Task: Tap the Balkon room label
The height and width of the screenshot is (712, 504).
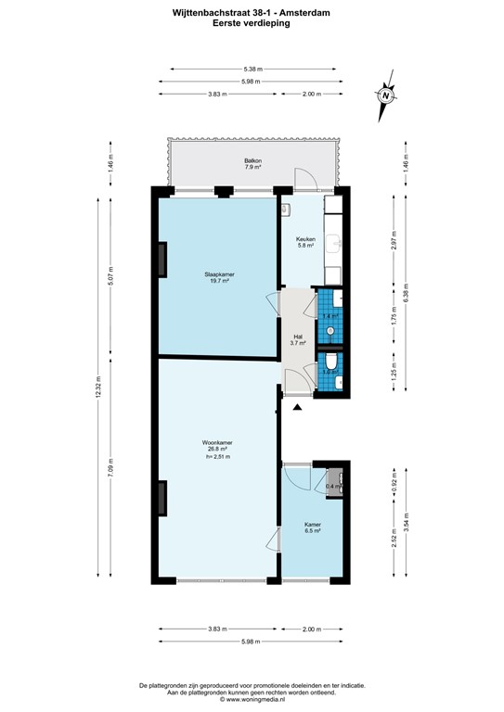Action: [x=252, y=164]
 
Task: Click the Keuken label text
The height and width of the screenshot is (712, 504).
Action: [x=306, y=242]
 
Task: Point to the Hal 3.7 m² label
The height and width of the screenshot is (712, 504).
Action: [x=298, y=340]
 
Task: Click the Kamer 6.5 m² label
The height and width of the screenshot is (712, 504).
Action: [x=313, y=528]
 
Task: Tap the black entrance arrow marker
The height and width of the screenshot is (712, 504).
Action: [x=298, y=407]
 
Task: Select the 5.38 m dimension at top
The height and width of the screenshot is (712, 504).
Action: [x=252, y=69]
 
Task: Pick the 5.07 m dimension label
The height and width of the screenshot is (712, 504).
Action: [x=111, y=276]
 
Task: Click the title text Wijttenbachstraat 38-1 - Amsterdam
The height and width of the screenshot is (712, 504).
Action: [x=252, y=14]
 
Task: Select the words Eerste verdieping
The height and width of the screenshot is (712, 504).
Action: [x=252, y=25]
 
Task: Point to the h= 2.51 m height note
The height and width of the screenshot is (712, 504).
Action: [x=217, y=457]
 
